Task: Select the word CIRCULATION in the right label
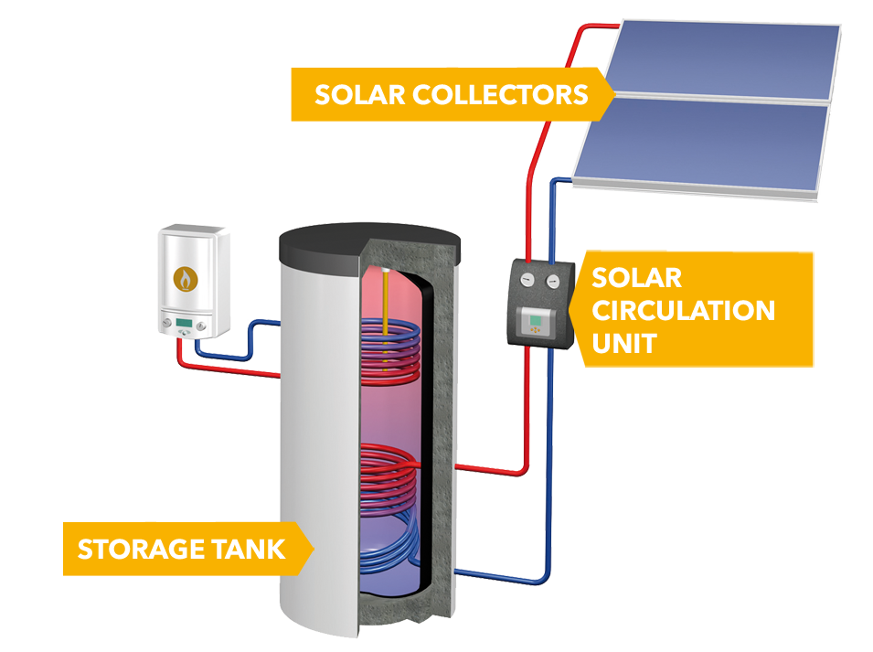684,310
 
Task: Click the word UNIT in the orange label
623,343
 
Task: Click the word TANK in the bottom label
251,550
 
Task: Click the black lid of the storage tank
366,240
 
